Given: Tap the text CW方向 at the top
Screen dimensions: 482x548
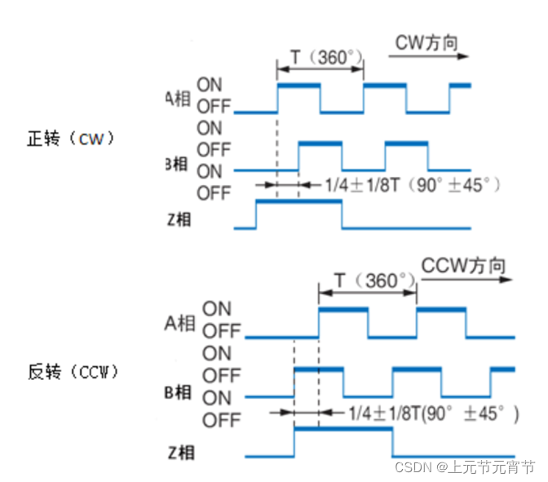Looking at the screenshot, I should (x=426, y=42).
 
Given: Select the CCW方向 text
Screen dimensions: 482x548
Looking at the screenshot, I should (x=463, y=267).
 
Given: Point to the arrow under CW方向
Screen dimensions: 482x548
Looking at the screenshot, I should (x=428, y=56).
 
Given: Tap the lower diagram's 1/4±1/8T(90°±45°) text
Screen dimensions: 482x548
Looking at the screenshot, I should (x=432, y=413).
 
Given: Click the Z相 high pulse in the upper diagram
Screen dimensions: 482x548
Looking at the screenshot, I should (x=298, y=203).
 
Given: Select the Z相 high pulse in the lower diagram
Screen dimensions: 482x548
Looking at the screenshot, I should (x=342, y=428).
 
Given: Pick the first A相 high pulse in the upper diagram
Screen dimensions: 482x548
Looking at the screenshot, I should (x=299, y=85).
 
